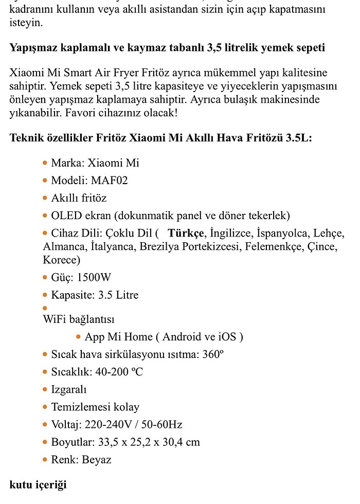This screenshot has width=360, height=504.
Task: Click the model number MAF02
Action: tap(110, 181)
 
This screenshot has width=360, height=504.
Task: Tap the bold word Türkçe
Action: tap(186, 233)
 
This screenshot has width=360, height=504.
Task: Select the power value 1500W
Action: tap(94, 278)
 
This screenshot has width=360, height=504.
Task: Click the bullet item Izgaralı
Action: tap(69, 390)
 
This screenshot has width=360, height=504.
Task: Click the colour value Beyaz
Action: tap(97, 460)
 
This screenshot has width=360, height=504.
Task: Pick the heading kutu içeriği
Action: tap(38, 485)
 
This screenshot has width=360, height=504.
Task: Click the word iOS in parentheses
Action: tap(227, 337)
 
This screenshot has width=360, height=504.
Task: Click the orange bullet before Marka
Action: tap(45, 163)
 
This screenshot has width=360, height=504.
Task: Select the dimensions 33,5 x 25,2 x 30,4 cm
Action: tap(148, 442)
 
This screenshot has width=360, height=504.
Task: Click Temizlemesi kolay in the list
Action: tap(95, 407)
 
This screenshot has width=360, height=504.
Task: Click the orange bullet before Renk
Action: tap(45, 460)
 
